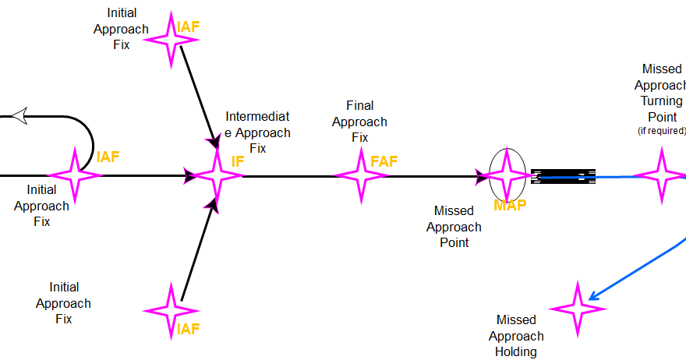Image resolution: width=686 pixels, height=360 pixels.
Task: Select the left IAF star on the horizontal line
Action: pyautogui.click(x=76, y=175)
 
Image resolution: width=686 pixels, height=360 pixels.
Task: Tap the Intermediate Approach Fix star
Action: pyautogui.click(x=217, y=176)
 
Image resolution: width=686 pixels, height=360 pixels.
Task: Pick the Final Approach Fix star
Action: pyautogui.click(x=362, y=176)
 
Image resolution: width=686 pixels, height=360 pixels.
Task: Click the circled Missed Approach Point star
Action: pyautogui.click(x=507, y=176)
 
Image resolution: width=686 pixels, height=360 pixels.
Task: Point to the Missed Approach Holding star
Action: pyautogui.click(x=578, y=309)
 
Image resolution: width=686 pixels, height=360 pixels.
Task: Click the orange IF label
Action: pyautogui.click(x=238, y=161)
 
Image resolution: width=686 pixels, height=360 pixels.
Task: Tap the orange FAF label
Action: pyautogui.click(x=384, y=161)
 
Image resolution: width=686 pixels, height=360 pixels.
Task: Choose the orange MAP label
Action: pyautogui.click(x=510, y=206)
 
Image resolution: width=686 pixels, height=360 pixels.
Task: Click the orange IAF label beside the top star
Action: pyautogui.click(x=189, y=27)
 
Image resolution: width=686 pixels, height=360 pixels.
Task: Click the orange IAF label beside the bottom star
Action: pyautogui.click(x=188, y=329)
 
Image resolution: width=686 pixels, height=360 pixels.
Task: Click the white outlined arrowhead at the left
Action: pyautogui.click(x=19, y=116)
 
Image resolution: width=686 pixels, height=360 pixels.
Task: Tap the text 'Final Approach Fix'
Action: pyautogui.click(x=359, y=122)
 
